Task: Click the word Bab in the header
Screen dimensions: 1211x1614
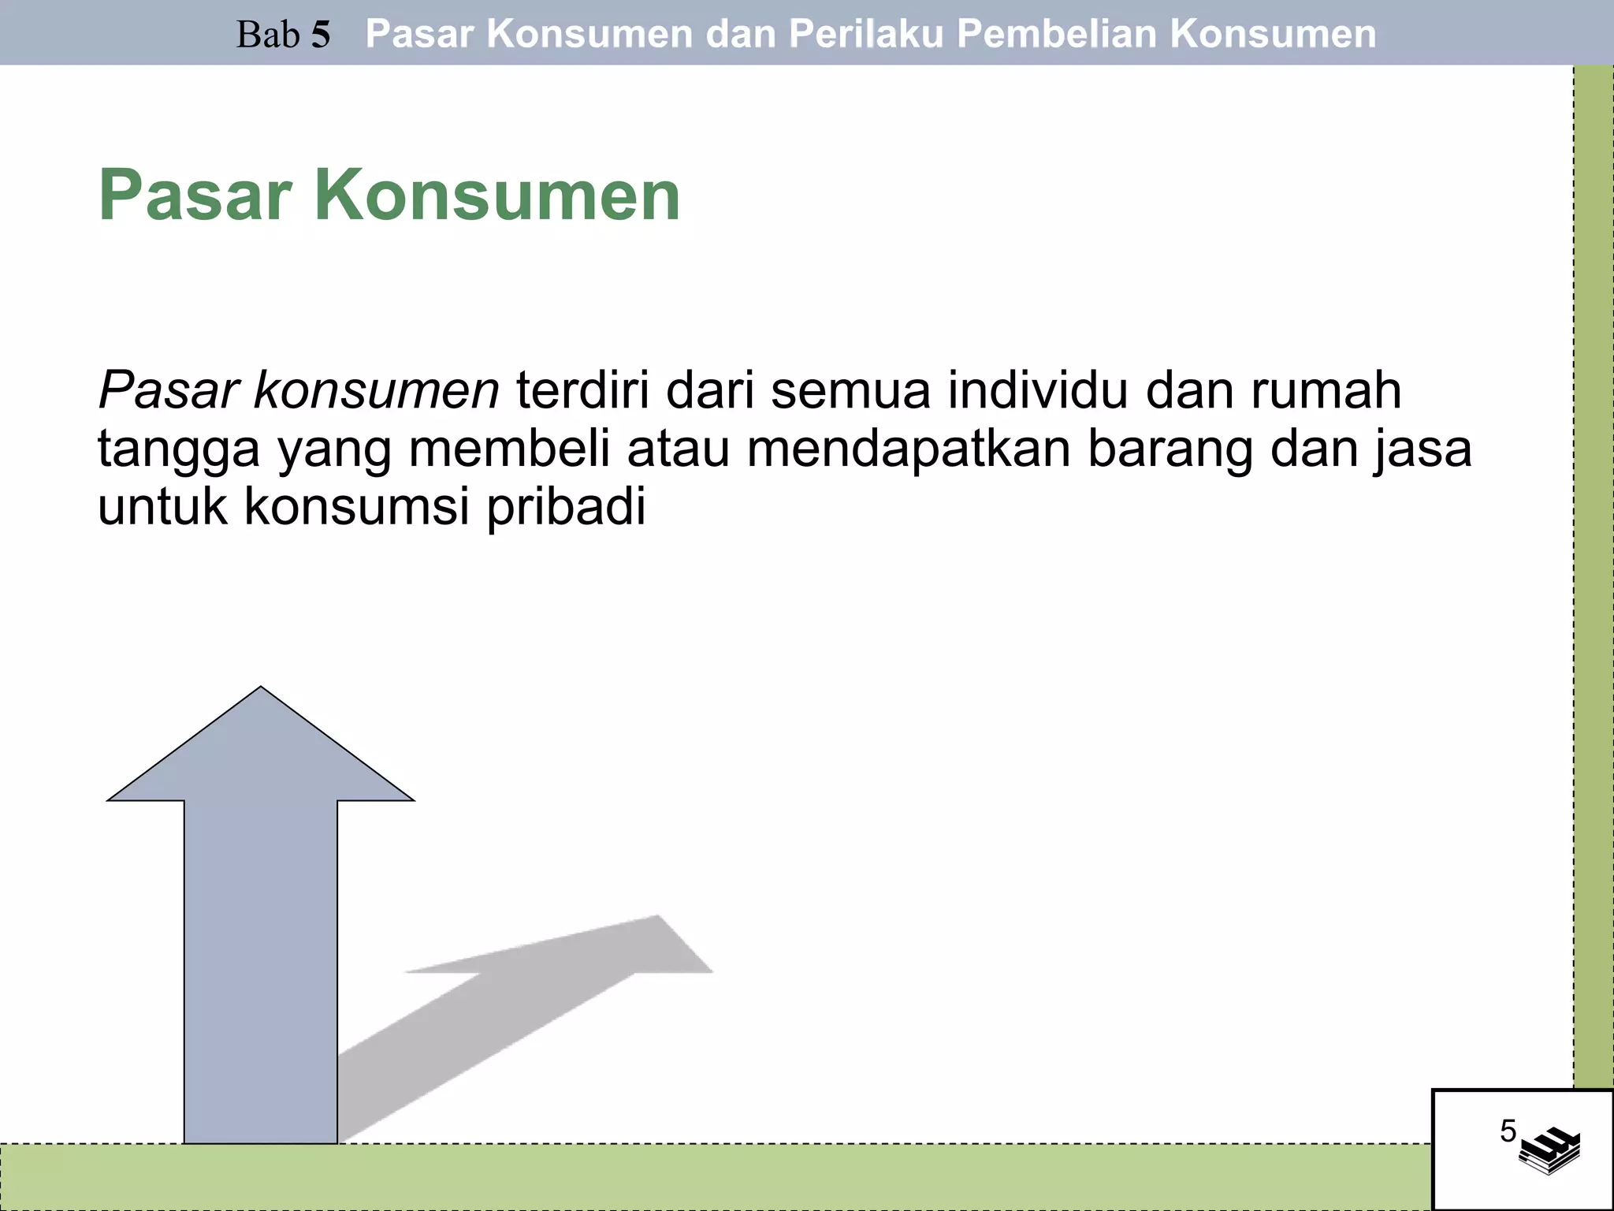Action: coord(268,35)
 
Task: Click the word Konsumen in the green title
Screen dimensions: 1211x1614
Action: coord(497,196)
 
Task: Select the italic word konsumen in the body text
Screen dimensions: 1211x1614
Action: coord(376,390)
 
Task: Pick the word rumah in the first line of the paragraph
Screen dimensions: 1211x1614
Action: coord(1326,390)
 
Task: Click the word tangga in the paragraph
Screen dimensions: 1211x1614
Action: coord(178,449)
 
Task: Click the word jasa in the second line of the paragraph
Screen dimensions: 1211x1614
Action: coord(1423,449)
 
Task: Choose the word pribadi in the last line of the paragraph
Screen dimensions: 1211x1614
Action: coord(565,507)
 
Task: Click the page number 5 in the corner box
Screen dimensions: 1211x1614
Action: coord(1508,1131)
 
